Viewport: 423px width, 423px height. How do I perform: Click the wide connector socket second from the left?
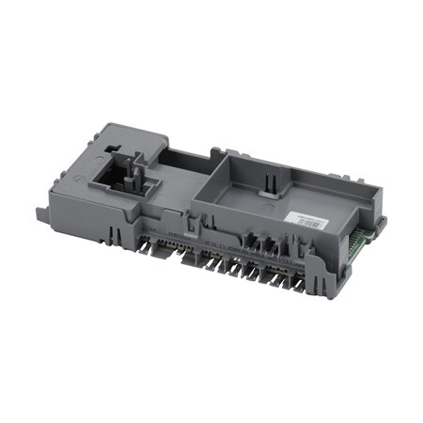(x=203, y=262)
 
